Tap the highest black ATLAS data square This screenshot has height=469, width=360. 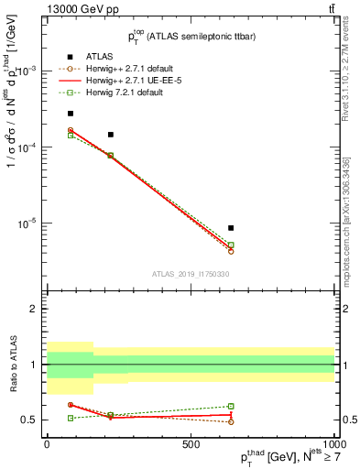pos(71,114)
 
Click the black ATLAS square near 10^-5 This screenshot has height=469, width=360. pos(231,228)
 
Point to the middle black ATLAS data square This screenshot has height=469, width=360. pos(111,135)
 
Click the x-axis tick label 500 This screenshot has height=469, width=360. pos(191,442)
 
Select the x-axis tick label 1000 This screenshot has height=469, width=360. pos(333,442)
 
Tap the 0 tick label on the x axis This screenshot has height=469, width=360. pos(47,442)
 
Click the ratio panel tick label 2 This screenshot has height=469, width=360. pos(34,309)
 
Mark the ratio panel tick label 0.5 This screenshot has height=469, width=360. pos(30,420)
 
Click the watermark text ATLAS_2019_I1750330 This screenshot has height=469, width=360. pos(191,274)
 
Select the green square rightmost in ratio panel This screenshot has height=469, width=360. pos(231,406)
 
